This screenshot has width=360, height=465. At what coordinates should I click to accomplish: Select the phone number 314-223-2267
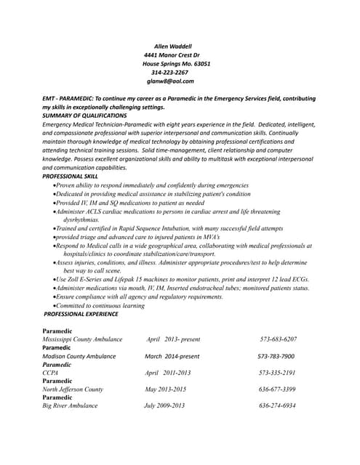[169, 72]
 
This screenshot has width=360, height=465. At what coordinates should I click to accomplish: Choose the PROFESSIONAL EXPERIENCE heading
[81, 314]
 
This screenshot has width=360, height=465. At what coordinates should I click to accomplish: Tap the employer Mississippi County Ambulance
[82, 339]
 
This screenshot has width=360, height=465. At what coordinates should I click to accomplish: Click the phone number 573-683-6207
[278, 339]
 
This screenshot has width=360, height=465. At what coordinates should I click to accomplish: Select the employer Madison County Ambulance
[79, 356]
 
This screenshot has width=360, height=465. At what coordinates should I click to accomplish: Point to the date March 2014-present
[172, 356]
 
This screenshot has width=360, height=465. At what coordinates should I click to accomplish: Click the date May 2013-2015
[166, 389]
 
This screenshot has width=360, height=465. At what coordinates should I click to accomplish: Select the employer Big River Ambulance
[70, 405]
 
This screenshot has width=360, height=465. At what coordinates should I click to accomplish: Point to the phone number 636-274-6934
[277, 405]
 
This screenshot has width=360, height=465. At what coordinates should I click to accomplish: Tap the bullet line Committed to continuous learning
[101, 306]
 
